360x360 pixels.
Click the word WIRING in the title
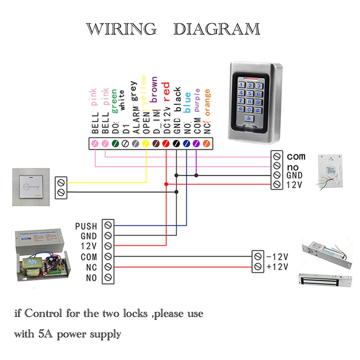tap(121, 29)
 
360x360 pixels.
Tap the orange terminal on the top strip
tap(205, 143)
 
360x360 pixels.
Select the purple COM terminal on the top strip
tap(196, 143)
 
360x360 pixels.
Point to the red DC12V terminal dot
tap(166, 143)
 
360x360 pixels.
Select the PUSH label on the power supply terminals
tap(86, 226)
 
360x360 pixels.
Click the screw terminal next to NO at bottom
tap(108, 277)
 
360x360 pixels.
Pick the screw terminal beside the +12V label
tap(257, 267)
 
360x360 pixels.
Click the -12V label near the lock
tap(277, 257)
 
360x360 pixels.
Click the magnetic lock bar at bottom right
tap(324, 279)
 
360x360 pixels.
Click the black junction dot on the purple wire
tap(196, 175)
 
